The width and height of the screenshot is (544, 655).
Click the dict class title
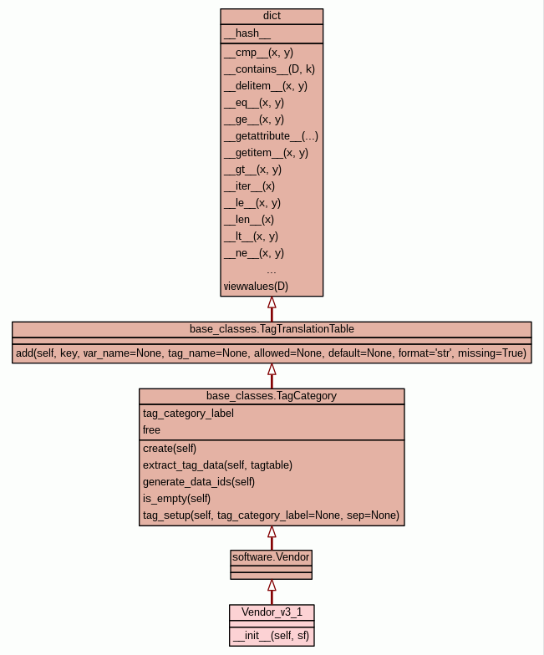coord(272,16)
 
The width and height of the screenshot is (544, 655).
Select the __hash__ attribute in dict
coord(247,33)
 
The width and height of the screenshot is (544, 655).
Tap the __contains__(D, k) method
coord(269,69)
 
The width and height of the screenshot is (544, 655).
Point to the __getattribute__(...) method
coord(271,136)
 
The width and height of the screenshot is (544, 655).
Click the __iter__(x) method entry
coord(249,186)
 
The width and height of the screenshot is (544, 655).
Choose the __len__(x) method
coord(249,220)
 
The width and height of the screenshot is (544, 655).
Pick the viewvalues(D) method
coord(256,287)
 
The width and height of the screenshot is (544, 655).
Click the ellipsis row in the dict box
coord(272,270)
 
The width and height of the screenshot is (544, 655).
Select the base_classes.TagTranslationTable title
coord(272,328)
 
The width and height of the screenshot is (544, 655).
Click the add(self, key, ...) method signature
coord(272,353)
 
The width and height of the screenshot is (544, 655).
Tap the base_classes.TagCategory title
coord(272,395)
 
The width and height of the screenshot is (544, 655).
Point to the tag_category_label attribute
coord(188,413)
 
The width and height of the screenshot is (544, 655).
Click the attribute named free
coord(151,429)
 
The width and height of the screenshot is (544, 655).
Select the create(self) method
coord(170,448)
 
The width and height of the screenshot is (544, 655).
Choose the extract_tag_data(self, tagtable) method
coord(217,465)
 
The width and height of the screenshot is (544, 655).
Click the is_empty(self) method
coord(177,498)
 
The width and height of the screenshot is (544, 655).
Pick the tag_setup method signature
coord(271,515)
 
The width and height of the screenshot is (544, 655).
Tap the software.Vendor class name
coord(272,556)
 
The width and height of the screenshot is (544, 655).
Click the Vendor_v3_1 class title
coord(272,612)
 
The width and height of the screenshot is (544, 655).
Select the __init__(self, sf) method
coord(272,636)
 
